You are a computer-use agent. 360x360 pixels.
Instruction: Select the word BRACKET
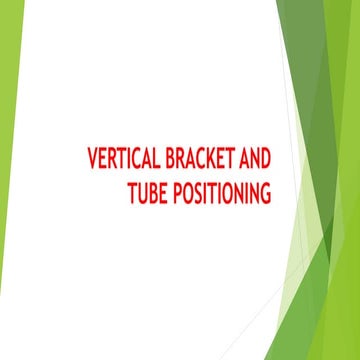[203, 160]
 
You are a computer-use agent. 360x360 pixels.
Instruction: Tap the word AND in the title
[256, 160]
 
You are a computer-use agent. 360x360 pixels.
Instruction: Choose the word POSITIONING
[222, 192]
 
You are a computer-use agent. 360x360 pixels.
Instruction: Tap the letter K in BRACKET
[219, 160]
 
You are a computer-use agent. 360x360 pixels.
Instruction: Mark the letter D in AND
[267, 160]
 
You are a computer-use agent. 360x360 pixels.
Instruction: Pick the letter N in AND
[256, 160]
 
